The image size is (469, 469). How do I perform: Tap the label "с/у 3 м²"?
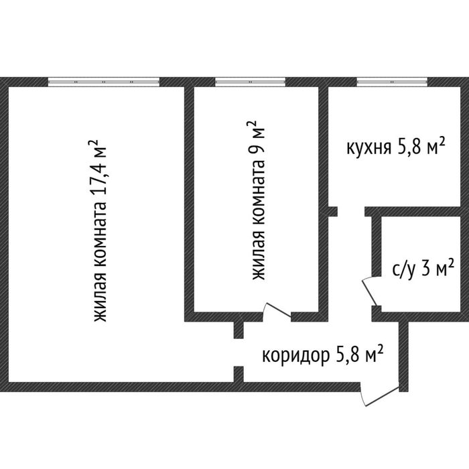click(x=423, y=269)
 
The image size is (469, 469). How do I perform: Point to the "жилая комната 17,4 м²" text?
click(x=100, y=230)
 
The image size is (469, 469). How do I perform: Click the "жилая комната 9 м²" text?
click(x=257, y=201)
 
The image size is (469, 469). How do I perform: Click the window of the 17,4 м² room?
click(x=104, y=82)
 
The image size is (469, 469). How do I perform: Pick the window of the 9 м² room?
click(x=251, y=82)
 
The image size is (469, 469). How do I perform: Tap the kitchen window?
click(x=392, y=82)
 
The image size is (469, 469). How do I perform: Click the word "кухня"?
click(x=368, y=147)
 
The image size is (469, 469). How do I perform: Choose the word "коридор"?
click(x=294, y=354)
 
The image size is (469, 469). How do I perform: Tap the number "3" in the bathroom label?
click(x=424, y=269)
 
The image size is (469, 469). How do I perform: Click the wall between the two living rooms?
click(x=190, y=201)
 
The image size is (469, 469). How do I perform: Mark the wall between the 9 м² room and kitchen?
click(x=323, y=147)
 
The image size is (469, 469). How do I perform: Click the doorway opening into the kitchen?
click(x=351, y=212)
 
